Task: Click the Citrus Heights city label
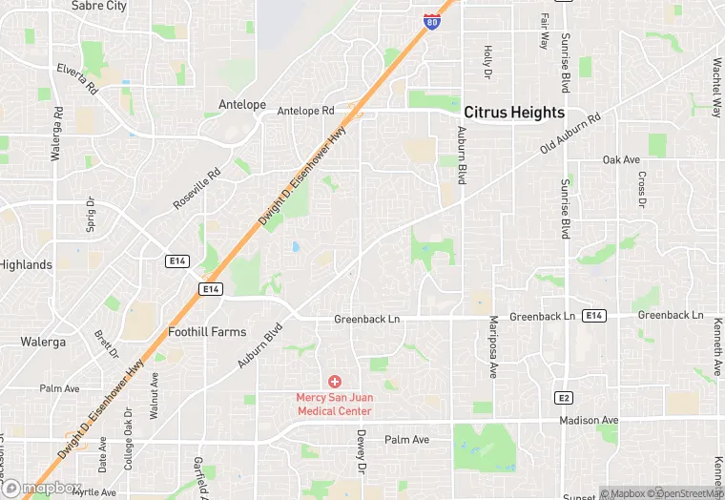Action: click(x=514, y=113)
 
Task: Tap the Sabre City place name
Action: click(x=98, y=6)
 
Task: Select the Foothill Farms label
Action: click(x=207, y=332)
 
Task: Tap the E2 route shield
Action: click(x=565, y=396)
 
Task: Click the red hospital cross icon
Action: click(x=334, y=382)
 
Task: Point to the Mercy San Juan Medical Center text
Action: click(x=334, y=404)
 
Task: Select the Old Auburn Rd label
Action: click(x=570, y=134)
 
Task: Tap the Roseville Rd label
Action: click(x=197, y=190)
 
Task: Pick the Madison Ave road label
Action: click(x=589, y=420)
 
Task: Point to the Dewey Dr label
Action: click(x=362, y=451)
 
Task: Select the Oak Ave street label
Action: click(x=620, y=159)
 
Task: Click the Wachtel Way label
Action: click(x=716, y=88)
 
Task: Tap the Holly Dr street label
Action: click(x=487, y=62)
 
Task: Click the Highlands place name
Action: click(x=26, y=264)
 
